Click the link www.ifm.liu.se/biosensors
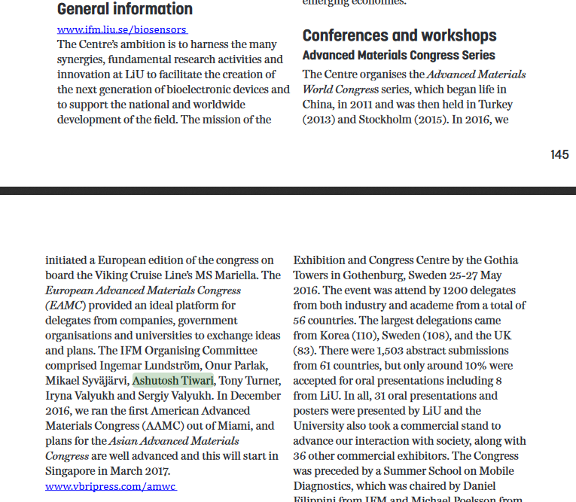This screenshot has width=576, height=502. click(122, 30)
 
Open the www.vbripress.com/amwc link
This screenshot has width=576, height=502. click(111, 486)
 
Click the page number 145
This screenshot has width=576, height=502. click(559, 154)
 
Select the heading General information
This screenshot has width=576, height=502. click(125, 9)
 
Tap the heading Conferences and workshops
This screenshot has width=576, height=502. click(399, 35)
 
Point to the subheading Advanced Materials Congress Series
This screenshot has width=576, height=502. click(398, 55)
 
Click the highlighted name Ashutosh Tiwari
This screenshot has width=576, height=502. click(172, 381)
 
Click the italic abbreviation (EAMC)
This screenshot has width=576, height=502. click(66, 306)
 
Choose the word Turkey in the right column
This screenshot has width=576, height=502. click(509, 105)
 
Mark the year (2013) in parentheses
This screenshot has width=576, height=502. click(320, 120)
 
